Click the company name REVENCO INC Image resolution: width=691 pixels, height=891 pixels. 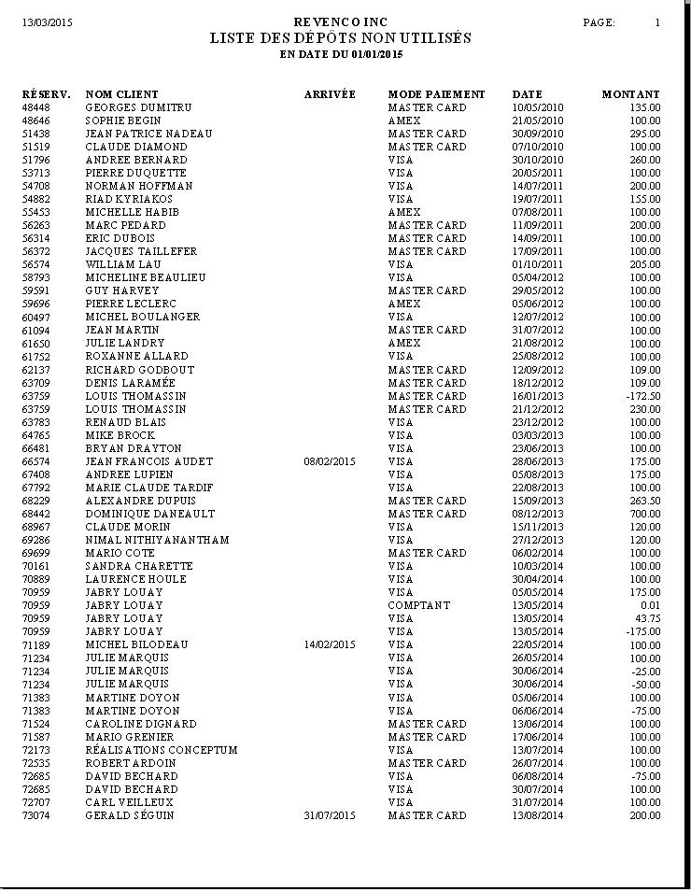pyautogui.click(x=340, y=21)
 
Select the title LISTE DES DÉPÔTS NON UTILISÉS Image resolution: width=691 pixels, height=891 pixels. pyautogui.click(x=340, y=38)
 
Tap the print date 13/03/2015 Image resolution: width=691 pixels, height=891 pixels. pyautogui.click(x=48, y=22)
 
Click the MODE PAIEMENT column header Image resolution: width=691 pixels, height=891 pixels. pyautogui.click(x=436, y=94)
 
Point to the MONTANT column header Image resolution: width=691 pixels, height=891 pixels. pyautogui.click(x=630, y=94)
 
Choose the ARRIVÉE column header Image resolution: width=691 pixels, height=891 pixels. pyautogui.click(x=330, y=94)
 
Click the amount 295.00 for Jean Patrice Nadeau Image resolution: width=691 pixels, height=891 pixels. pyautogui.click(x=644, y=134)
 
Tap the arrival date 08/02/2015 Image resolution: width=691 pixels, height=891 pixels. pyautogui.click(x=330, y=461)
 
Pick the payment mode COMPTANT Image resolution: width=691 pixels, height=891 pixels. pyautogui.click(x=418, y=605)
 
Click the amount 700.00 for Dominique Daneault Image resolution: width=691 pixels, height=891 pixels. pyautogui.click(x=644, y=514)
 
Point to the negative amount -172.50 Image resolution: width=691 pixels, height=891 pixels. pyautogui.click(x=642, y=396)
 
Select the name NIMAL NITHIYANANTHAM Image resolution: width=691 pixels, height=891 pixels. pyautogui.click(x=157, y=540)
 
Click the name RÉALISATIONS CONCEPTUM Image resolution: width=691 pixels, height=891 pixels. pyautogui.click(x=162, y=750)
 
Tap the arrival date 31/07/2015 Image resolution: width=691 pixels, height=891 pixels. pyautogui.click(x=330, y=815)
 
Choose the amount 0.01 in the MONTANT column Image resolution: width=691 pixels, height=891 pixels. pyautogui.click(x=650, y=605)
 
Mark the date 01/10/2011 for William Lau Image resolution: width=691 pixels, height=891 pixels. pyautogui.click(x=538, y=264)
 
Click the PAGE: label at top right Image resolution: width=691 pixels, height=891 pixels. pyautogui.click(x=599, y=22)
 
